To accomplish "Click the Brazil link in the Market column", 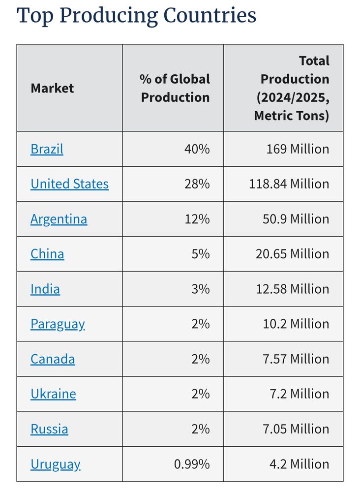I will coord(47,149).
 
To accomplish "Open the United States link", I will coord(69,184).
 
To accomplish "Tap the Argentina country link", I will coord(59,219).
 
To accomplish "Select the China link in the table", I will coord(47,254).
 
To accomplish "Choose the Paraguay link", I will coord(58,324).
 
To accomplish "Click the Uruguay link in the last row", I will coord(55,464).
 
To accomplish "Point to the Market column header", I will coord(52,89).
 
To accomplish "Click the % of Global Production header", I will coord(175,88).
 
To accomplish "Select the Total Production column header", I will coord(292,88).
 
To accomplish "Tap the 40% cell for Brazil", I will coord(197,149).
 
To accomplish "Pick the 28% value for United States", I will coord(197,184).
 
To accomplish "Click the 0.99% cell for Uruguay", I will coord(192,464).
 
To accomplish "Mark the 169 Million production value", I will coord(298,149).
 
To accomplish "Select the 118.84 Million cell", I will coord(289,184).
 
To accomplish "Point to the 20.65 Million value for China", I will coord(292,254).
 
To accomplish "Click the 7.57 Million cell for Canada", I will coord(296,359).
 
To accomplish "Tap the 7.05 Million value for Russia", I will coord(296,429).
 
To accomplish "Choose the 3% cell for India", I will coord(200,289).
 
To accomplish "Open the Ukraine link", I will coord(53,394).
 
